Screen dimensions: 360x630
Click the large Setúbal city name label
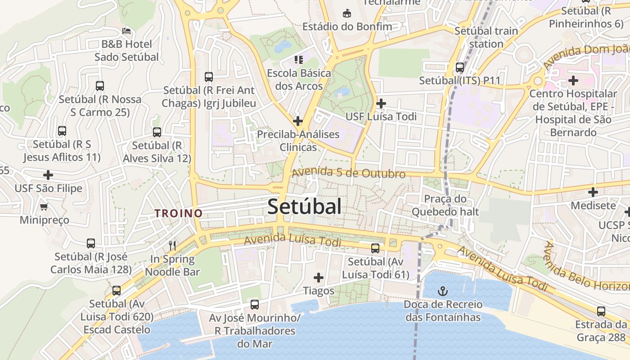tap(304, 207)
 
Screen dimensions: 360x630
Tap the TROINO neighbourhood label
tap(179, 213)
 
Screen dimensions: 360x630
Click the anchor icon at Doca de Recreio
tap(443, 291)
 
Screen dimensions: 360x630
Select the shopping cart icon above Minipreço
tap(44, 207)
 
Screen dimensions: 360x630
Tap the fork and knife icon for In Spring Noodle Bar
tap(172, 245)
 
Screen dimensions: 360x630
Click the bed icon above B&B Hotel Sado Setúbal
tap(127, 31)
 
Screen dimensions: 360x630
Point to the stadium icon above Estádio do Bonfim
tap(347, 13)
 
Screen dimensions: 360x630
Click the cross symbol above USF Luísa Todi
tap(381, 103)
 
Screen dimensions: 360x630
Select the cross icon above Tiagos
tap(319, 278)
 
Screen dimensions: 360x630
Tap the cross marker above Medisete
tap(593, 192)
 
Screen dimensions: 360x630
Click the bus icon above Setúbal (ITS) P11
tap(460, 67)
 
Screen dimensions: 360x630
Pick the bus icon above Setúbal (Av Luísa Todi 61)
tap(375, 248)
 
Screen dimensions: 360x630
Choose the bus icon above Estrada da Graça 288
tap(601, 311)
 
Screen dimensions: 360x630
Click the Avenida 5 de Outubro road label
tap(348, 173)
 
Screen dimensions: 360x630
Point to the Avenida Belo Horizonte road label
tap(585, 268)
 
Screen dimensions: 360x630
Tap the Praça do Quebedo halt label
tap(445, 205)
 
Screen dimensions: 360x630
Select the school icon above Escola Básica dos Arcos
tap(299, 59)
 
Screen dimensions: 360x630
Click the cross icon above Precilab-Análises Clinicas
tap(298, 121)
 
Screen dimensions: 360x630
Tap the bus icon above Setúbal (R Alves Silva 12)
tap(157, 132)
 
